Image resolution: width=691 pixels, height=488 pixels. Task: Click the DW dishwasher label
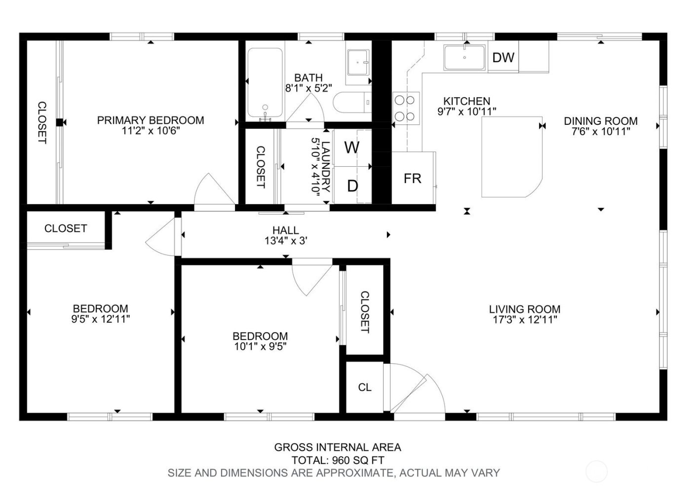[503, 58]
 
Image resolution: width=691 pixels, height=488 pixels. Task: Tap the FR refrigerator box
[413, 178]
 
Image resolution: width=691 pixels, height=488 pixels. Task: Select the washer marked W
[352, 148]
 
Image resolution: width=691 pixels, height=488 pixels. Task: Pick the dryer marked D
[352, 186]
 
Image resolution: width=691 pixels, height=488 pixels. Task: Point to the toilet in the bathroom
[351, 103]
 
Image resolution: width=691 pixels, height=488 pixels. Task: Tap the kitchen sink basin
[464, 58]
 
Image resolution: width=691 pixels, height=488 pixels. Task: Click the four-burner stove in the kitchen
[405, 108]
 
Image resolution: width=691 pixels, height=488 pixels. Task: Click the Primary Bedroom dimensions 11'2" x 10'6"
[151, 131]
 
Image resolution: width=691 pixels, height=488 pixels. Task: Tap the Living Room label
[525, 309]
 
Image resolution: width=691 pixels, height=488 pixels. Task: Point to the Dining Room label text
[601, 121]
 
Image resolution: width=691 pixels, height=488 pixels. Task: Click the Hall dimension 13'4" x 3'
[286, 241]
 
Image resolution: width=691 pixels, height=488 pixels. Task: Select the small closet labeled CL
[365, 387]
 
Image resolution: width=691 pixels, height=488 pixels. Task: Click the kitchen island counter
[511, 157]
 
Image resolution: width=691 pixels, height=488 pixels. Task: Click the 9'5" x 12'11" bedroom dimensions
[101, 319]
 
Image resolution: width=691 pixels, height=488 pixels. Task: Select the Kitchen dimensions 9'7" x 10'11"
[466, 112]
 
